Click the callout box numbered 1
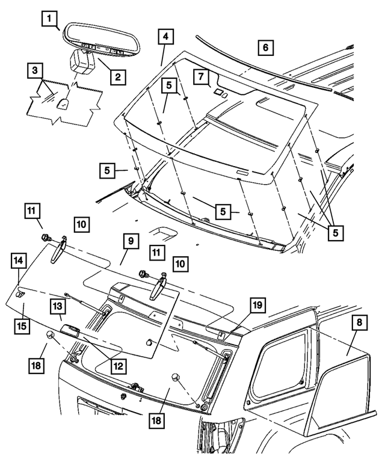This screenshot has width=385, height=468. [x=51, y=19]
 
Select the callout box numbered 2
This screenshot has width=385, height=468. [x=117, y=76]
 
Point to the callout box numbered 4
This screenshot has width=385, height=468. [x=164, y=37]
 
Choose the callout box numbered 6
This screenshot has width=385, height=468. [x=265, y=47]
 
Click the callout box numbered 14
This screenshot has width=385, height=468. [x=19, y=262]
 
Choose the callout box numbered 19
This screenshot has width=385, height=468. [x=257, y=306]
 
